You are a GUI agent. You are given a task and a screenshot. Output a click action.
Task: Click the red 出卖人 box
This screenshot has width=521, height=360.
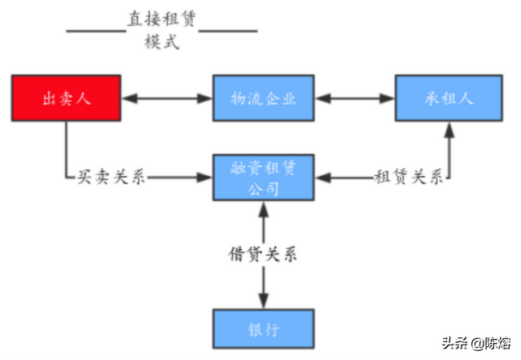click(66, 98)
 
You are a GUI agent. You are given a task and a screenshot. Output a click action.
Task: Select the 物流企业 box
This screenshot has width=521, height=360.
click(264, 98)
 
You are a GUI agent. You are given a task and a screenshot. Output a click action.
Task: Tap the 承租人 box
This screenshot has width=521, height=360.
click(449, 98)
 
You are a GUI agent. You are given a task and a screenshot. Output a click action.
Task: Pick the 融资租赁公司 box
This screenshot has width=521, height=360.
click(264, 178)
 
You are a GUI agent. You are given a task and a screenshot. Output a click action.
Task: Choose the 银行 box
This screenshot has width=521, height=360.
click(264, 329)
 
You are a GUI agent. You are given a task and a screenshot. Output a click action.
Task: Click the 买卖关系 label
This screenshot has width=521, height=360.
click(112, 177)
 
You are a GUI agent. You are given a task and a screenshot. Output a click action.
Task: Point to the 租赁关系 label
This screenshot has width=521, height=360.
click(409, 177)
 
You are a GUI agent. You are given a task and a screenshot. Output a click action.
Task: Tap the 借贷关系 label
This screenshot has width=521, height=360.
click(263, 254)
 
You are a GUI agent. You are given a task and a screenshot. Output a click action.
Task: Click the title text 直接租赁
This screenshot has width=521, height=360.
click(162, 19)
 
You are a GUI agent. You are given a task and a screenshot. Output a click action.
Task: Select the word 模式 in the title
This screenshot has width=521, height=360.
click(162, 42)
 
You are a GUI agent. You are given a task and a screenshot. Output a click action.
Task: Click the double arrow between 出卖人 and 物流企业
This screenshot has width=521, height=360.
click(167, 99)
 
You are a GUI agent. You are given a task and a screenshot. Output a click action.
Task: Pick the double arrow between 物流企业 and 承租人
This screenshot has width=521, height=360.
click(355, 99)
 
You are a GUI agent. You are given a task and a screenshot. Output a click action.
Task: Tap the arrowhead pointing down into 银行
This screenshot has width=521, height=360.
click(264, 301)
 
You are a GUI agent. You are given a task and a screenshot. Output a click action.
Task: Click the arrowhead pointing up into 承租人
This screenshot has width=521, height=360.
click(449, 130)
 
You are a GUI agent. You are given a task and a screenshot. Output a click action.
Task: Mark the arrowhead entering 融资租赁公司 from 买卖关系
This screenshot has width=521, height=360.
click(204, 178)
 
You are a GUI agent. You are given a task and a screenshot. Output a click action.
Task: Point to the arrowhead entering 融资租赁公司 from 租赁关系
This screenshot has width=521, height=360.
click(323, 178)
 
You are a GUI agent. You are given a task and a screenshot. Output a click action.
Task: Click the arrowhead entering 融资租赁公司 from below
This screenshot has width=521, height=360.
click(264, 209)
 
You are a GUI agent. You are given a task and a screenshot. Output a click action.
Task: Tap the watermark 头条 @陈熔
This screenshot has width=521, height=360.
click(475, 343)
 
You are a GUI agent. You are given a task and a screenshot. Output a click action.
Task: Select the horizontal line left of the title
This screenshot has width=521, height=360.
click(96, 31)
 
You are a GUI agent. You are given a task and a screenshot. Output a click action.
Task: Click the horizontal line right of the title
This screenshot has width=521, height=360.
click(228, 31)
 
